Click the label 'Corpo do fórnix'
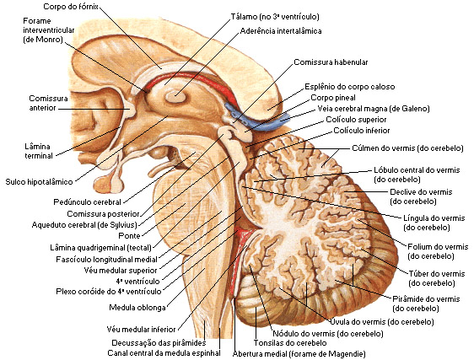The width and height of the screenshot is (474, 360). pyautogui.click(x=71, y=7)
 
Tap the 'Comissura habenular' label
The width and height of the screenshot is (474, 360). pyautogui.click(x=331, y=62)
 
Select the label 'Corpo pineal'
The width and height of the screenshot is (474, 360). pyautogui.click(x=333, y=98)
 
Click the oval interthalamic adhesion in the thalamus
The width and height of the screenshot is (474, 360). pyautogui.click(x=175, y=97)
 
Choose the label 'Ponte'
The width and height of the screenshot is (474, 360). pyautogui.click(x=129, y=235)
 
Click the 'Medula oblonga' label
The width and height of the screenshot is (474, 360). pyautogui.click(x=137, y=308)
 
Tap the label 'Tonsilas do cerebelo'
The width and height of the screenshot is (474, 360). pyautogui.click(x=290, y=343)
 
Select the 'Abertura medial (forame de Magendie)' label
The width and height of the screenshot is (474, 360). pyautogui.click(x=299, y=353)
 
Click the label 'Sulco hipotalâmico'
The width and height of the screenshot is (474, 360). pyautogui.click(x=40, y=181)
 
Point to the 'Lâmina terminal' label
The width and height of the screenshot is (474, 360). pyautogui.click(x=39, y=151)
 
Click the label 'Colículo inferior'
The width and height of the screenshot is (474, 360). pyautogui.click(x=362, y=131)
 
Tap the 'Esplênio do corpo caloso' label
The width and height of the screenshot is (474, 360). pyautogui.click(x=350, y=87)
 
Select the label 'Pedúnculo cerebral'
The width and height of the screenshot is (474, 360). pyautogui.click(x=87, y=201)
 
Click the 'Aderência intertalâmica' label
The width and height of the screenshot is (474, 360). pyautogui.click(x=281, y=31)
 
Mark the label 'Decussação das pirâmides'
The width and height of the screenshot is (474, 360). pyautogui.click(x=159, y=343)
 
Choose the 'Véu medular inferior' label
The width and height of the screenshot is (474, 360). pyautogui.click(x=141, y=329)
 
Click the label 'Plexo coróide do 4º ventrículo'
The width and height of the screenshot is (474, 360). pyautogui.click(x=109, y=292)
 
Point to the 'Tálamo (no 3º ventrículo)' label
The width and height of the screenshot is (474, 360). pyautogui.click(x=275, y=17)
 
